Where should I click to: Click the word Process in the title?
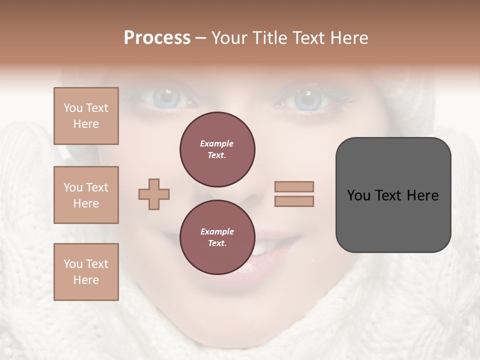pyautogui.click(x=157, y=38)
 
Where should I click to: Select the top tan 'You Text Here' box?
pyautogui.click(x=86, y=116)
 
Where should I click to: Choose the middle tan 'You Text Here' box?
pyautogui.click(x=86, y=195)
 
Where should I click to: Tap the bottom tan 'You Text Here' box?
pyautogui.click(x=86, y=272)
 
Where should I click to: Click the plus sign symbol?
pyautogui.click(x=154, y=194)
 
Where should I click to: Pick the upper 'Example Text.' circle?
pyautogui.click(x=217, y=149)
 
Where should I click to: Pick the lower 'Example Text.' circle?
pyautogui.click(x=217, y=237)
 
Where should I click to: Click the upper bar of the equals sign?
pyautogui.click(x=294, y=187)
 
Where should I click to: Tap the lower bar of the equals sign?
pyautogui.click(x=294, y=201)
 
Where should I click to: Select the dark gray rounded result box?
pyautogui.click(x=393, y=195)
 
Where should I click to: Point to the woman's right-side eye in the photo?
pyautogui.click(x=306, y=100)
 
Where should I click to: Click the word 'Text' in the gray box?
pyautogui.click(x=389, y=195)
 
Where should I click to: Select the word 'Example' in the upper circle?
pyautogui.click(x=217, y=143)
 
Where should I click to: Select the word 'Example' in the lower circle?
pyautogui.click(x=217, y=231)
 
